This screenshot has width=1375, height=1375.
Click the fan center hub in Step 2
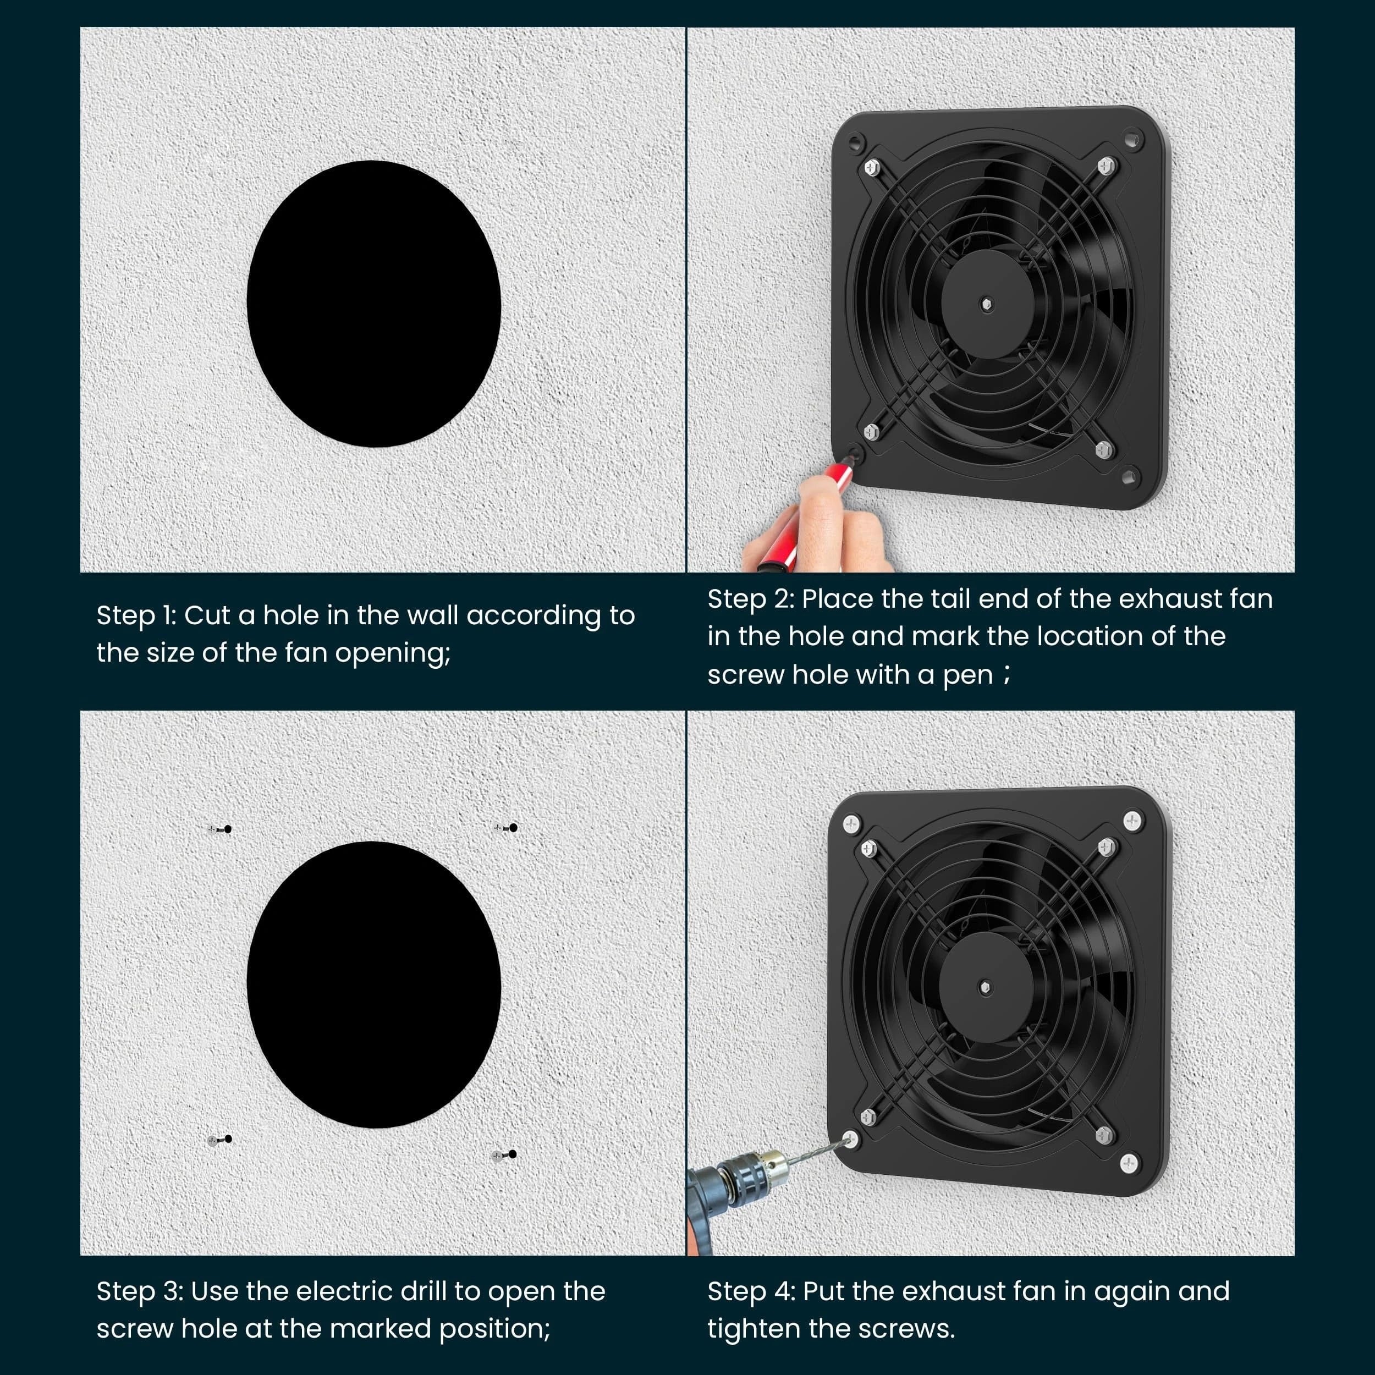point(986,304)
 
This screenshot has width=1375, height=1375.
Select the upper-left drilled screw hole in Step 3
point(227,829)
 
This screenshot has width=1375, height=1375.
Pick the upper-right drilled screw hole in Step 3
point(513,828)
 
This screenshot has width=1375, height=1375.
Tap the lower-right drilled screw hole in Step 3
point(513,1154)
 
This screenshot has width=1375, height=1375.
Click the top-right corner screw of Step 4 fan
point(1131,821)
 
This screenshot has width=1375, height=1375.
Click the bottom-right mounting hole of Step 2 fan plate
point(1128,475)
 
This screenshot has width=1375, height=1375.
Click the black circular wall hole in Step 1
point(373,304)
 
